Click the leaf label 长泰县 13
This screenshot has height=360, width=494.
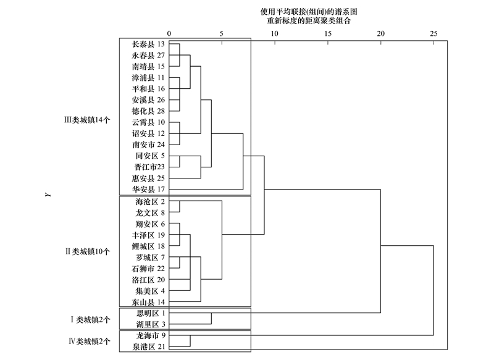(x=148, y=44)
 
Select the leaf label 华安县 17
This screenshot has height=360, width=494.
(x=148, y=190)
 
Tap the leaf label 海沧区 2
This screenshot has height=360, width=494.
(x=150, y=201)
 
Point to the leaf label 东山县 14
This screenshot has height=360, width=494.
(x=148, y=302)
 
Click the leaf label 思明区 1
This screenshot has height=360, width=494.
(x=151, y=314)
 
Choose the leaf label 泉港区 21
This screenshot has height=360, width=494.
(x=149, y=347)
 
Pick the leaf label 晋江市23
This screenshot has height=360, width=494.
(x=149, y=167)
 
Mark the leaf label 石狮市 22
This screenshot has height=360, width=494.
(x=148, y=269)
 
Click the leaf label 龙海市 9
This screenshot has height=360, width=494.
(x=151, y=335)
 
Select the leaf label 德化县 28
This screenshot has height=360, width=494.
(x=148, y=111)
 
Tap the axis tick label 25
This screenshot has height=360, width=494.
(x=433, y=34)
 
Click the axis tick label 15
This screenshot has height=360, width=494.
(x=328, y=34)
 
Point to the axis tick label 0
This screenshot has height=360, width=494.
(x=169, y=34)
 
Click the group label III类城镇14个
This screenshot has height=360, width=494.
(x=87, y=120)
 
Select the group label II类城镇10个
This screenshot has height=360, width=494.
(x=88, y=252)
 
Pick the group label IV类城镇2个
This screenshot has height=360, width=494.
(x=90, y=341)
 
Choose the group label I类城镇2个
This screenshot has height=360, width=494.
(x=90, y=320)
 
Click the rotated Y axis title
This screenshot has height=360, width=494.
(x=48, y=195)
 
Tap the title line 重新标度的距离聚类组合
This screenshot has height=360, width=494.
(x=308, y=21)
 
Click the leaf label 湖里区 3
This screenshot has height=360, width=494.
(x=151, y=324)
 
